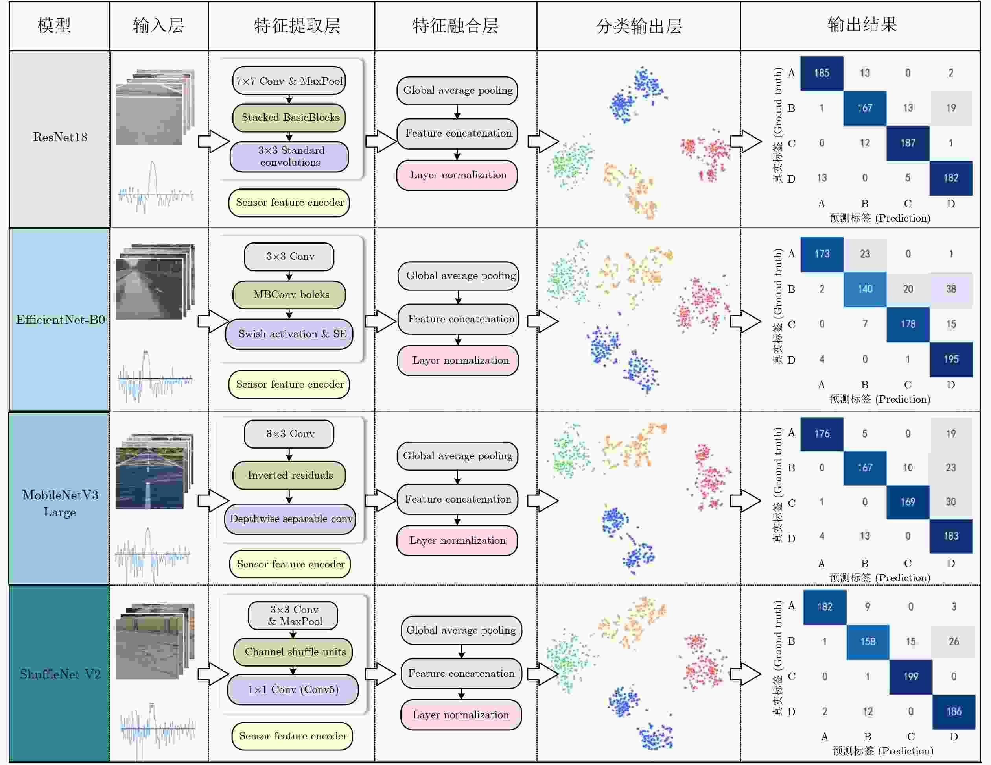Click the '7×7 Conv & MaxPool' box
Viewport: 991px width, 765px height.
click(x=289, y=81)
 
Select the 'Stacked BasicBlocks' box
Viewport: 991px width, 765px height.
click(x=289, y=118)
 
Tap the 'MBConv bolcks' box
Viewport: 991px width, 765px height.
click(x=289, y=295)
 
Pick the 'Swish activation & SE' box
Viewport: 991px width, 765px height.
click(x=289, y=334)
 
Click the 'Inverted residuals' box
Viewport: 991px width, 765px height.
click(x=289, y=475)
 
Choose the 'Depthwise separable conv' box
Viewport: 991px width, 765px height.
click(x=290, y=519)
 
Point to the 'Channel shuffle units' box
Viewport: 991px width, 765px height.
click(x=293, y=652)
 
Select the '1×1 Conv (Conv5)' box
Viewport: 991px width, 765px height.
click(x=293, y=689)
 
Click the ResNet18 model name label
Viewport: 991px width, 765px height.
click(x=60, y=137)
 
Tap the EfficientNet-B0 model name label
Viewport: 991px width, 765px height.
click(x=60, y=320)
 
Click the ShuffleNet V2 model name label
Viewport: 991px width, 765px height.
click(x=60, y=674)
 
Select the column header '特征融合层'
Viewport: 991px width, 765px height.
click(x=455, y=26)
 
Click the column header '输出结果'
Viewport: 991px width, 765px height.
click(x=862, y=24)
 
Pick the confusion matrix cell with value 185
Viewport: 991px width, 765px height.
click(x=822, y=73)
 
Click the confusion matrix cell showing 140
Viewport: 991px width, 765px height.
click(x=865, y=289)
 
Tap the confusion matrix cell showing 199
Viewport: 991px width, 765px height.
click(x=911, y=676)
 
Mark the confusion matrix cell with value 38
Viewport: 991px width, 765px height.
click(x=951, y=289)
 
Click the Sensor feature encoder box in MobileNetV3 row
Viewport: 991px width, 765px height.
click(x=290, y=564)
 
